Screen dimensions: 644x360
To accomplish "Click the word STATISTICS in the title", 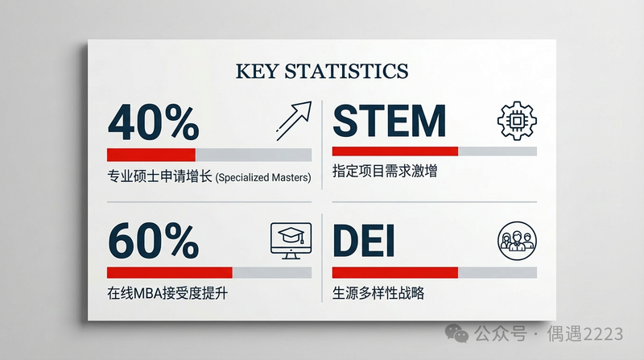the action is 347,71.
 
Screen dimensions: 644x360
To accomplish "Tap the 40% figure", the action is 154,122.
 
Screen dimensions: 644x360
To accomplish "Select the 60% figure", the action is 154,241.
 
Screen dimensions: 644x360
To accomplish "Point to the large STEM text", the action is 390,121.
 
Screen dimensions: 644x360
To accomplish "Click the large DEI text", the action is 364,241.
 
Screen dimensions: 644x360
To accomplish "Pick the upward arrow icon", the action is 294,121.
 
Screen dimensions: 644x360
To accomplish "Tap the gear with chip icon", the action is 517,121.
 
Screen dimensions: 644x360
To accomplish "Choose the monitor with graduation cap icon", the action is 291,241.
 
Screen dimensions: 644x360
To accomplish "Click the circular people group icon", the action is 517,241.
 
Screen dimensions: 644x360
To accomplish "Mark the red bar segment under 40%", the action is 151,155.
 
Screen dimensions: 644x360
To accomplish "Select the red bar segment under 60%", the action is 170,272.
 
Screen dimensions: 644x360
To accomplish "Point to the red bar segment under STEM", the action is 395,151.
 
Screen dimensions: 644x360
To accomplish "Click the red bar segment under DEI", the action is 395,272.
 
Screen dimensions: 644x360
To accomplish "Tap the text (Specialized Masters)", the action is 263,177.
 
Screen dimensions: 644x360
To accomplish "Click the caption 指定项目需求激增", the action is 385,171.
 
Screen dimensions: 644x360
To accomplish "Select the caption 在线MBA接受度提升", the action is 167,293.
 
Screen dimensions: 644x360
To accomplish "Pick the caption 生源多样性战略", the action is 378,293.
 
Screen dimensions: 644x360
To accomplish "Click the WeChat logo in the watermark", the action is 457,333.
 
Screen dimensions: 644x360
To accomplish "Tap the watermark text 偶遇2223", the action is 585,333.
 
